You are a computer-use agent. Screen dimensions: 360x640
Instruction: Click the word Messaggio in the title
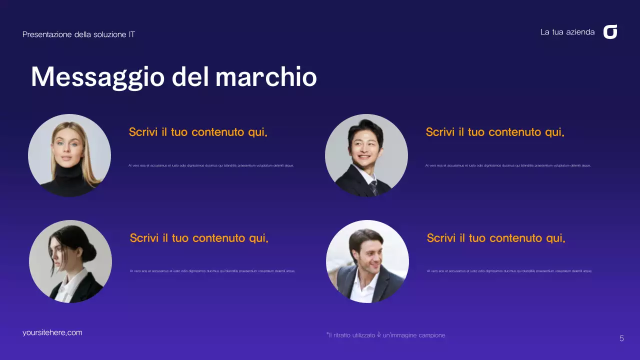tap(97, 77)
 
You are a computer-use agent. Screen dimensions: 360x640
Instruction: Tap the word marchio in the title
tap(266, 77)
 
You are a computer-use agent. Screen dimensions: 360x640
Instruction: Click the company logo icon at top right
tap(610, 32)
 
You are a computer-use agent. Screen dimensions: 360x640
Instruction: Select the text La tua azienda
tap(567, 32)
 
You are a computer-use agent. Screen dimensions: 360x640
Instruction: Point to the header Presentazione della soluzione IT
tap(78, 34)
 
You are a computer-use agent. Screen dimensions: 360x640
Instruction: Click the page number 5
tap(621, 338)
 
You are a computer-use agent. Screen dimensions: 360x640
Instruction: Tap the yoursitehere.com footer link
tap(52, 332)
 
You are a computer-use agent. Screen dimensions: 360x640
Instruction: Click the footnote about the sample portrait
tap(385, 335)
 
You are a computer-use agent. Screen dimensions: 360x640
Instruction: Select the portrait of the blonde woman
tap(69, 155)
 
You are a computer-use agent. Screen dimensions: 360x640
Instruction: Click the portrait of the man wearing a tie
tap(366, 155)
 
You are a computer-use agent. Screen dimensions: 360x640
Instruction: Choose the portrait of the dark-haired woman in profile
tap(70, 261)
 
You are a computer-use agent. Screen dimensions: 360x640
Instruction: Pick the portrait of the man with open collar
tap(367, 261)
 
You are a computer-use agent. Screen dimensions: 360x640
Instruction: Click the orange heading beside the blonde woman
tap(198, 132)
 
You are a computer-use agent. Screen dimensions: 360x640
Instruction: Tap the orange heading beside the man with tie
tap(495, 132)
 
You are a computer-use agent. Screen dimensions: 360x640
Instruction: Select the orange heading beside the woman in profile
tap(199, 238)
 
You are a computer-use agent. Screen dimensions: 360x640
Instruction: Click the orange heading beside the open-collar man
tap(496, 238)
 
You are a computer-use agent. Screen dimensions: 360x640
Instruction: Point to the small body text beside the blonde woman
tap(211, 165)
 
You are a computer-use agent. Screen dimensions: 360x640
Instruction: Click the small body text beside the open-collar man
tap(509, 271)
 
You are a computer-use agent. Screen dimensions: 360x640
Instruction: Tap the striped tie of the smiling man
tap(373, 187)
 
